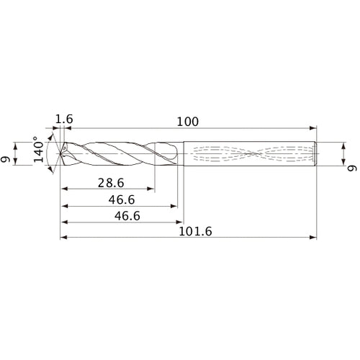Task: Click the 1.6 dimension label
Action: click(63, 119)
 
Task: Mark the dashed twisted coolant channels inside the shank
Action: click(252, 153)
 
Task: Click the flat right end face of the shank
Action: click(318, 153)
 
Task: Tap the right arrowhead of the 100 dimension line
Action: click(314, 127)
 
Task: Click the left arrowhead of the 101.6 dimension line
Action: click(63, 237)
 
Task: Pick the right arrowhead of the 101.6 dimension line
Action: click(314, 237)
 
